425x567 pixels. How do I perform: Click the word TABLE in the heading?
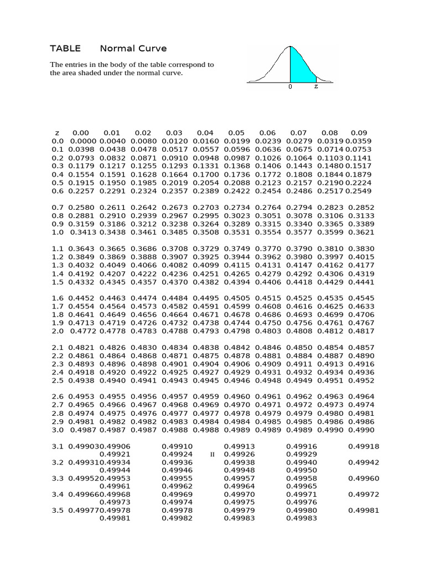pyautogui.click(x=65, y=48)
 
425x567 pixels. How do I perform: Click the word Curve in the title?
pyautogui.click(x=153, y=48)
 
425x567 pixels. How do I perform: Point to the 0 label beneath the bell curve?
pyautogui.click(x=291, y=87)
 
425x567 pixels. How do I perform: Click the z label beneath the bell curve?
pyautogui.click(x=316, y=87)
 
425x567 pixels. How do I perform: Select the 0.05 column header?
pyautogui.click(x=236, y=133)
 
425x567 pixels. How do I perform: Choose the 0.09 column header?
pyautogui.click(x=359, y=133)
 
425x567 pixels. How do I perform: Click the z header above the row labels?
pyautogui.click(x=57, y=133)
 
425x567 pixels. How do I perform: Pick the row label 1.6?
pyautogui.click(x=58, y=297)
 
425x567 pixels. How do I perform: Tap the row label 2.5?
pyautogui.click(x=58, y=381)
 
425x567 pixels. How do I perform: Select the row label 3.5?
pyautogui.click(x=58, y=511)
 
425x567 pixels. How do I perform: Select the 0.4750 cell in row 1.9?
pyautogui.click(x=267, y=322)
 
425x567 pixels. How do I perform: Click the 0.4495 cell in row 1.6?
pyautogui.click(x=205, y=297)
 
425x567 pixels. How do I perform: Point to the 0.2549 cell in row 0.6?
pyautogui.click(x=360, y=191)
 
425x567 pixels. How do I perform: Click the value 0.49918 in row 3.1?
pyautogui.click(x=364, y=446)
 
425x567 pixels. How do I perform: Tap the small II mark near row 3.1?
pyautogui.click(x=212, y=455)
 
